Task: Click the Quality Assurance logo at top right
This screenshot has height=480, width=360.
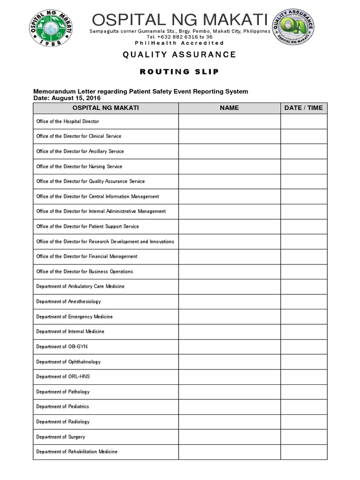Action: pos(295,27)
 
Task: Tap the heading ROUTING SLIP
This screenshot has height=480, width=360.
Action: pos(179,72)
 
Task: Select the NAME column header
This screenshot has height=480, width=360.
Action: pos(229,108)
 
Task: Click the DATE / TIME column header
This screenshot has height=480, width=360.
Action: pos(303,108)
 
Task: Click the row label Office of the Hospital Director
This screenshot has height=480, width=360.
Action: pos(67,121)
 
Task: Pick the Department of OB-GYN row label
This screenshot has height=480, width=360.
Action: pos(62,346)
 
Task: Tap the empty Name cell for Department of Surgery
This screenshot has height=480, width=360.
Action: pos(229,437)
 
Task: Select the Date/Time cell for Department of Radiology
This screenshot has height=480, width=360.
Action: pos(303,422)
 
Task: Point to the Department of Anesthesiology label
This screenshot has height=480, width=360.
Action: pos(68,301)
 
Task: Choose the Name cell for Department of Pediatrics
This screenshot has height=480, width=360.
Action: pos(229,406)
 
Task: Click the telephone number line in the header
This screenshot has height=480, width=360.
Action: pos(179,37)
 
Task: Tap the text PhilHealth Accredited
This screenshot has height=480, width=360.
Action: pos(179,43)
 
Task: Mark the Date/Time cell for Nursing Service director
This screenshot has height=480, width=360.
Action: pos(303,166)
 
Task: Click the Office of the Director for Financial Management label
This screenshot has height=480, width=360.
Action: pos(87,256)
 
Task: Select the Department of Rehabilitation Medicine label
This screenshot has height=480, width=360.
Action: pos(77,452)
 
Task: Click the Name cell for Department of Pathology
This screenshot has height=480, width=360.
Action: pos(229,391)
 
